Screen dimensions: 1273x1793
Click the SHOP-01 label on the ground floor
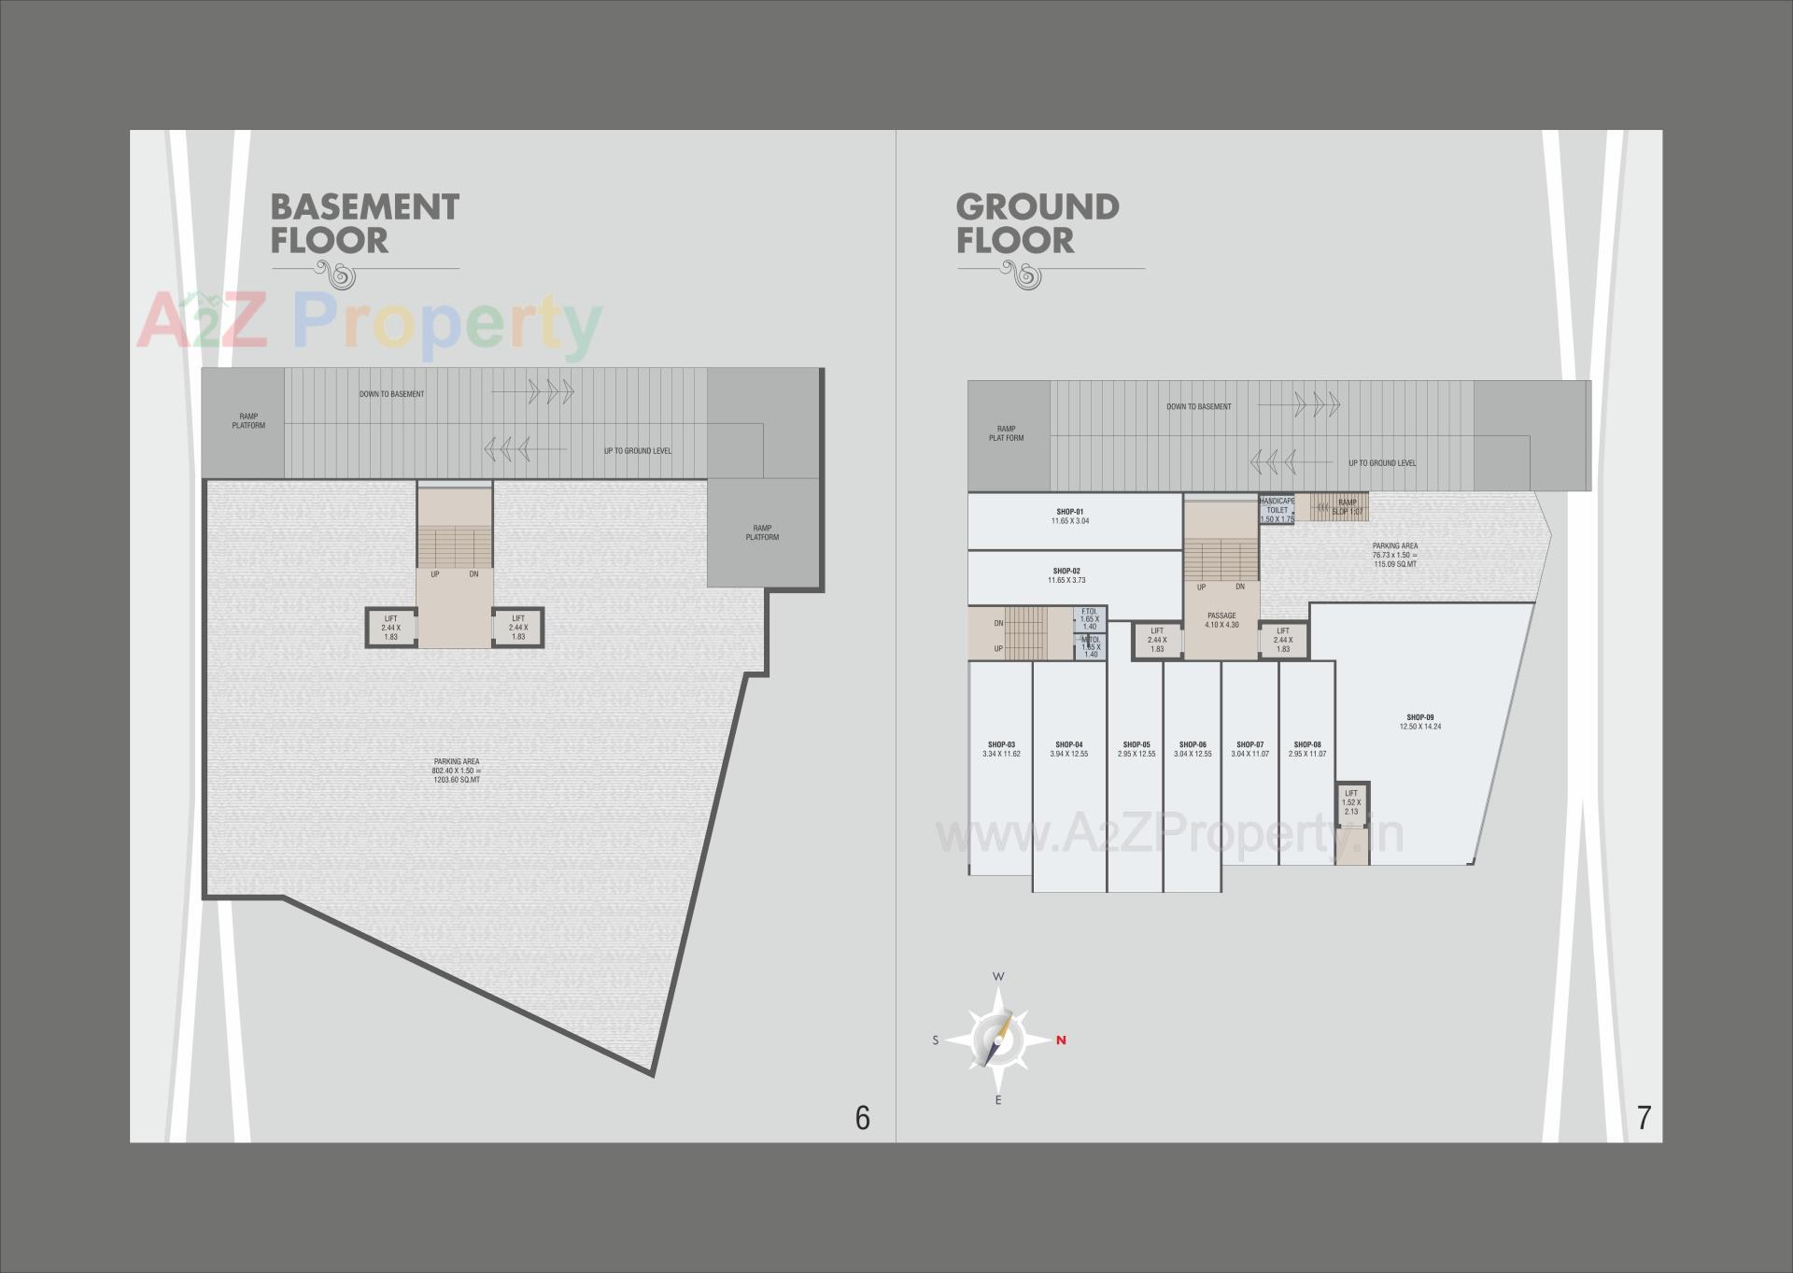click(1069, 512)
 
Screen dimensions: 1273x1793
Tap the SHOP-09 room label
click(1419, 717)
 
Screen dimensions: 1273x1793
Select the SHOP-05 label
click(1137, 745)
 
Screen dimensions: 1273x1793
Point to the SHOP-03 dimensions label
click(1001, 754)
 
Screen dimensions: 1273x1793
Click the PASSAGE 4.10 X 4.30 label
click(1221, 620)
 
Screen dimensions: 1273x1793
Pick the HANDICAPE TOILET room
click(1277, 510)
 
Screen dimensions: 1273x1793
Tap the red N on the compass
click(1061, 1040)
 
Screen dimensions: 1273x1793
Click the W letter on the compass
click(998, 977)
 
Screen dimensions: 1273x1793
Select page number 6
click(862, 1117)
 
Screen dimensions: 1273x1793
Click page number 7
click(1644, 1117)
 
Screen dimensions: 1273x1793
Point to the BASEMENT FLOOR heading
click(364, 223)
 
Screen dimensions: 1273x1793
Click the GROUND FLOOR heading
click(1037, 223)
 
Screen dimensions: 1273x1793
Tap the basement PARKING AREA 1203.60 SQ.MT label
click(457, 771)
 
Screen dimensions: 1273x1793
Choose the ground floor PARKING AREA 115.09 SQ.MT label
click(1395, 555)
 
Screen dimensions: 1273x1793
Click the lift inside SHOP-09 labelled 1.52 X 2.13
click(1351, 802)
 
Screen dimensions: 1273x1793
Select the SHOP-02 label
click(1066, 571)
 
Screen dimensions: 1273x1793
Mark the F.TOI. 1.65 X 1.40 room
click(1090, 619)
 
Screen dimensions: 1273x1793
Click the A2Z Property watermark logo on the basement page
click(369, 324)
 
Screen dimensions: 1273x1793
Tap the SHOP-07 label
click(1249, 745)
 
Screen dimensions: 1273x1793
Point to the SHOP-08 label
click(1307, 745)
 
